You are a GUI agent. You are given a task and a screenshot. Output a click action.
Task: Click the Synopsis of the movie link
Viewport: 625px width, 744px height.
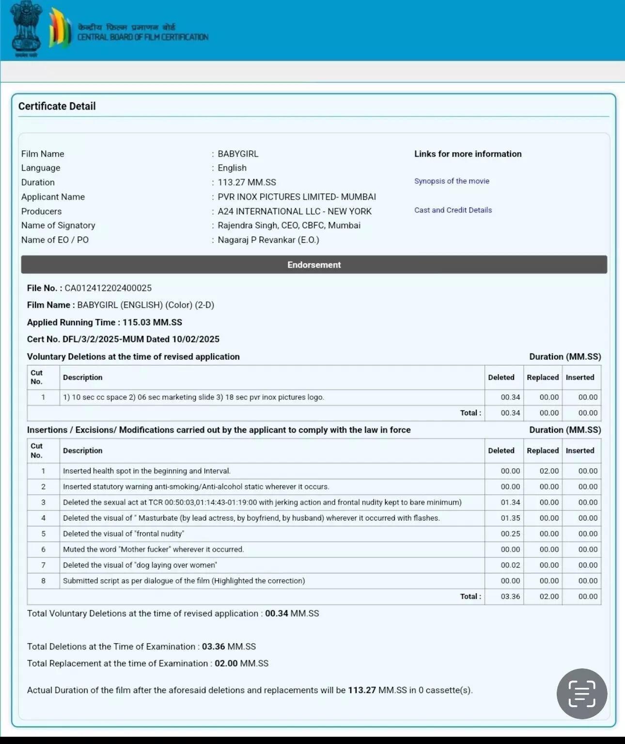point(452,181)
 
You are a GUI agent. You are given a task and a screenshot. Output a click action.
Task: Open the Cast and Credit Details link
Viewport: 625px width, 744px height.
point(453,210)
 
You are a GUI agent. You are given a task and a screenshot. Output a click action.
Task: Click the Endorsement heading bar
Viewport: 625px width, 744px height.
point(314,265)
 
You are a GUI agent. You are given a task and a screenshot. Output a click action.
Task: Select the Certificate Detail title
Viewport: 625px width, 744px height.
point(57,106)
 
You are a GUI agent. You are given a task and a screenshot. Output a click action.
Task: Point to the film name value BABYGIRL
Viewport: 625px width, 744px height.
point(238,154)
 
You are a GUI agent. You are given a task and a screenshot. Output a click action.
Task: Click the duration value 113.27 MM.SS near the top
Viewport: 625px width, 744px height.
point(247,182)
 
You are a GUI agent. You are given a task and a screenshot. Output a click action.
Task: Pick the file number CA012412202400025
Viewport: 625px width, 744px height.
point(108,288)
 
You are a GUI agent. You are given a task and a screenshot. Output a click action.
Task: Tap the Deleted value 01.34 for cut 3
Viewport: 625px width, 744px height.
point(510,502)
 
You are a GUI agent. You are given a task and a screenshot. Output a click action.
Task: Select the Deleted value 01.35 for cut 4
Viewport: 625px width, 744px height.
point(510,518)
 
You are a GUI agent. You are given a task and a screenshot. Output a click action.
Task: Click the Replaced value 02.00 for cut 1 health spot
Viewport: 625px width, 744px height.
point(549,471)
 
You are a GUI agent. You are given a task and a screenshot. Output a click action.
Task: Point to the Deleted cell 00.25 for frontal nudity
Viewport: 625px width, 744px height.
point(510,534)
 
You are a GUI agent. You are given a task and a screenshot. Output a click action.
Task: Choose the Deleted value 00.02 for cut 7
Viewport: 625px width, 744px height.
point(510,565)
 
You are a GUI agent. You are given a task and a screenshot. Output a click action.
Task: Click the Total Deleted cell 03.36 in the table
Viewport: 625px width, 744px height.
point(510,596)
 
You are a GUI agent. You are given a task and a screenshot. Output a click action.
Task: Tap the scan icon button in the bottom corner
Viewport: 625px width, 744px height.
point(581,694)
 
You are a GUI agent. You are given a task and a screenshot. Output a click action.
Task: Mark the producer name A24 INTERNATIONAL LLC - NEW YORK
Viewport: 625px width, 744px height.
point(295,211)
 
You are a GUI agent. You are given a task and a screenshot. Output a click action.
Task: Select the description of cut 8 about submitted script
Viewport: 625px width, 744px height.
point(184,581)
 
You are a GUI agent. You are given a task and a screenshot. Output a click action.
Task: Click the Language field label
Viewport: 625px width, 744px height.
point(41,168)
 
